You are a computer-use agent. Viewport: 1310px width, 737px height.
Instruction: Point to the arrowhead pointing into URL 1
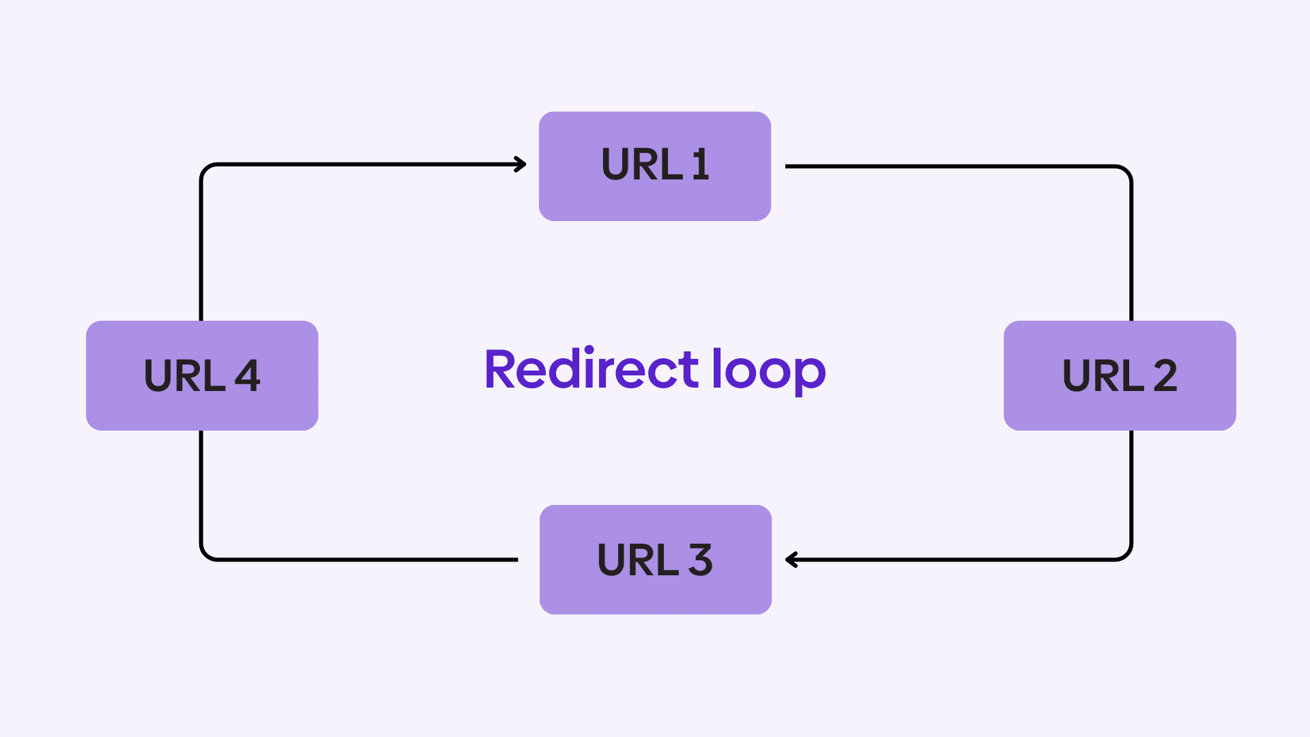(x=521, y=164)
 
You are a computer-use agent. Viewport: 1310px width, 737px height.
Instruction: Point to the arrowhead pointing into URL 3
(x=791, y=560)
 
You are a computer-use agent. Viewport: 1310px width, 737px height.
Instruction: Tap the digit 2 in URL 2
(x=1165, y=375)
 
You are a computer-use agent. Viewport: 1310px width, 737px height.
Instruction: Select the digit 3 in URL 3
(x=700, y=560)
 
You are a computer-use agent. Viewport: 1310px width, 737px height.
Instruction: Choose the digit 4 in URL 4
(x=247, y=375)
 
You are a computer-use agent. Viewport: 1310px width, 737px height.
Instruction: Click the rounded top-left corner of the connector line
(x=205, y=169)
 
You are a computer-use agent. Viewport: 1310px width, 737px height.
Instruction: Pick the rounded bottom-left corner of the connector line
(x=205, y=555)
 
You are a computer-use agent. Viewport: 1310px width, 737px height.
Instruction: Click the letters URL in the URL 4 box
(x=184, y=375)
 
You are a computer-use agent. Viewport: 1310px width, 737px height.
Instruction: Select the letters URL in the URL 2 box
(x=1103, y=375)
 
